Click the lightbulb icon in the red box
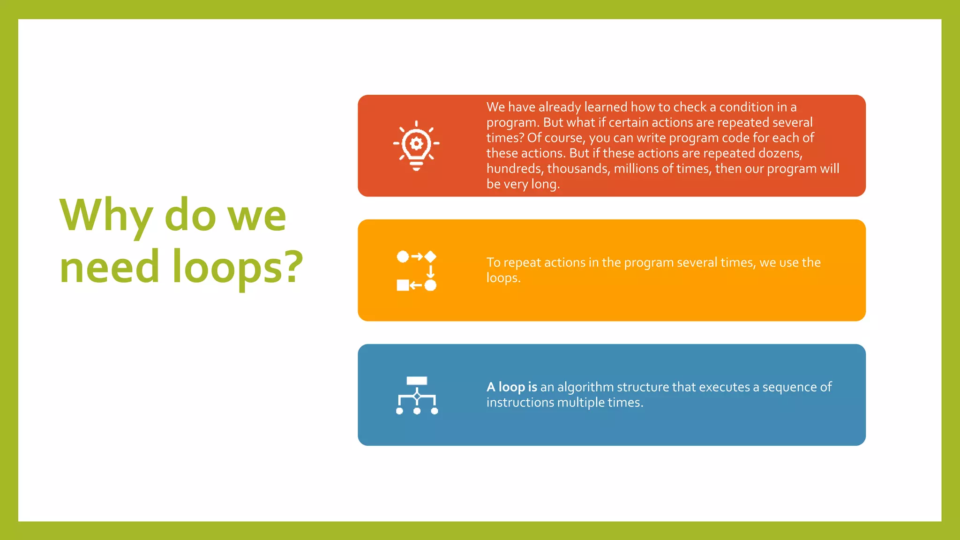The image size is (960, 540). pyautogui.click(x=416, y=146)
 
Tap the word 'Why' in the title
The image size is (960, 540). pyautogui.click(x=106, y=216)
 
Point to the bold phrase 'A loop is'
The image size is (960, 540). pyautogui.click(x=511, y=387)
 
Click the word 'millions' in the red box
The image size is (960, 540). pyautogui.click(x=636, y=169)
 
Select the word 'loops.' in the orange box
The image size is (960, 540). pyautogui.click(x=503, y=278)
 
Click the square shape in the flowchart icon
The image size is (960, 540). pyautogui.click(x=403, y=285)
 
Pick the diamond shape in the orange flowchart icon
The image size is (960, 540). pyautogui.click(x=430, y=256)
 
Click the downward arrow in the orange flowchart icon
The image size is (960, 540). pyautogui.click(x=430, y=271)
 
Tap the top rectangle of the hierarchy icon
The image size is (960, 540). pyautogui.click(x=417, y=381)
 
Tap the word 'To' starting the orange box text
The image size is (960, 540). pyautogui.click(x=493, y=262)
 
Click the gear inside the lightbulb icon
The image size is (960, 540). pyautogui.click(x=416, y=143)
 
